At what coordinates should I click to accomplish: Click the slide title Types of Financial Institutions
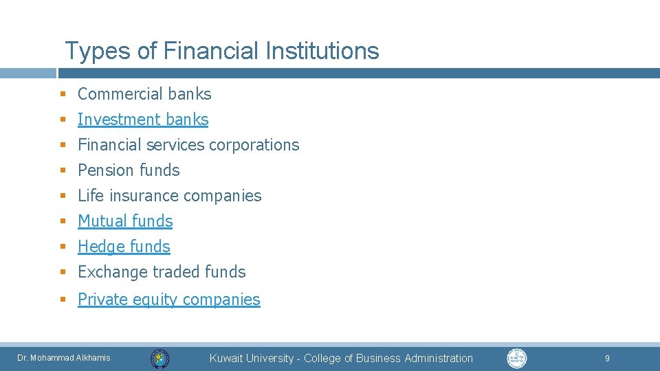coord(221,51)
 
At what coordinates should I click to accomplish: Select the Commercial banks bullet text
coord(144,94)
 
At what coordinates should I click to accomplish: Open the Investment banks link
coord(143,120)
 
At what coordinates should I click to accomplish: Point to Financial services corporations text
coord(188,145)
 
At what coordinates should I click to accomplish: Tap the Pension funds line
coord(129,170)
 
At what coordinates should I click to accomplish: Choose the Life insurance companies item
coord(170,196)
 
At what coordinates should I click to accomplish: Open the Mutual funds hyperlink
coord(125,221)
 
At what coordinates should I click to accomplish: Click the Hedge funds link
coord(124,247)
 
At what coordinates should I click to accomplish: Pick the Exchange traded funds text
coord(162,272)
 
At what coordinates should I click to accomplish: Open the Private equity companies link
coord(169,300)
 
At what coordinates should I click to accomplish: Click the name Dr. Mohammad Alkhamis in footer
coord(64,358)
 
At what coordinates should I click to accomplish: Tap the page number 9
coord(607,358)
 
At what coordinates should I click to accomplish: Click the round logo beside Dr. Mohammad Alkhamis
coord(160,358)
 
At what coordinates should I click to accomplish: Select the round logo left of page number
coord(517,358)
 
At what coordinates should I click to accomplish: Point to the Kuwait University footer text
coord(341,358)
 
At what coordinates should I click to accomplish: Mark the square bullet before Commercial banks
coord(62,94)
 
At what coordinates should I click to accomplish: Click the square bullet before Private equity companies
coord(62,300)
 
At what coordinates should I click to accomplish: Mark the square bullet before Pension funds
coord(62,170)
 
